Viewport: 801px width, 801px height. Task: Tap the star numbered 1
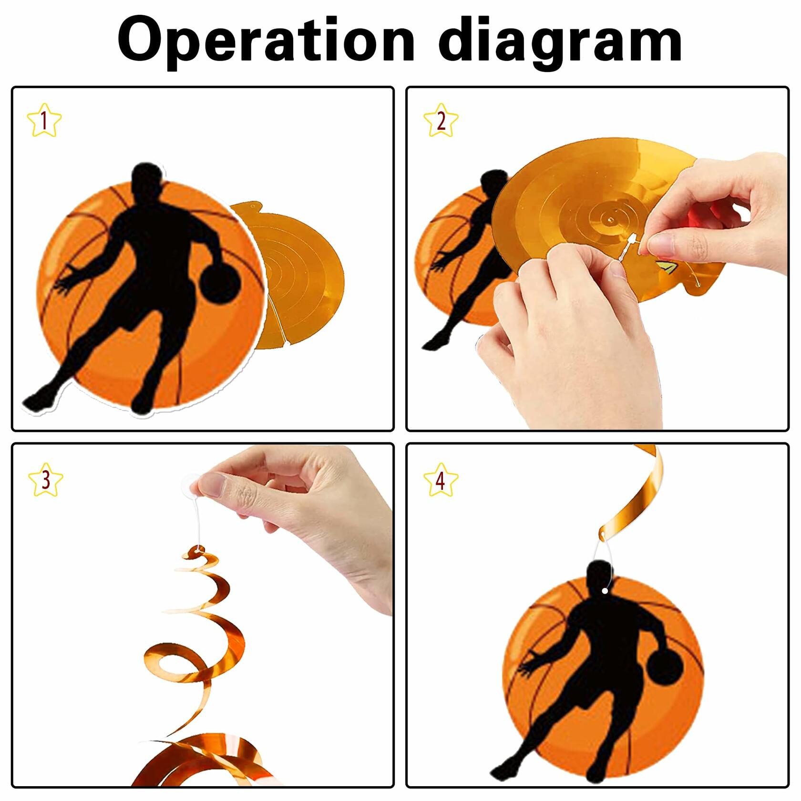tap(44, 120)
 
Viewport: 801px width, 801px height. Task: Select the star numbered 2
tap(441, 120)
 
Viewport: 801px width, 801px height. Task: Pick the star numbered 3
tap(45, 479)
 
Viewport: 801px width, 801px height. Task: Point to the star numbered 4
tap(441, 479)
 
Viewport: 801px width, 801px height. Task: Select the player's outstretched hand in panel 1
tap(64, 281)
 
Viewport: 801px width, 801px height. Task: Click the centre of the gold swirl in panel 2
tap(609, 219)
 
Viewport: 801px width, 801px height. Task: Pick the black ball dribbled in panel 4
tap(664, 665)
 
